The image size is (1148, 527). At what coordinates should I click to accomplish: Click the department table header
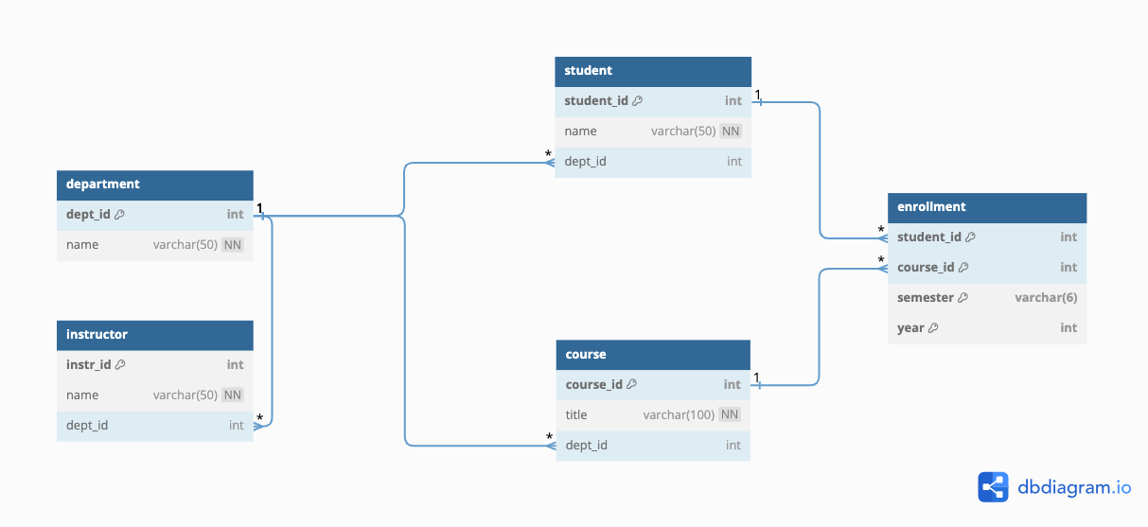(155, 184)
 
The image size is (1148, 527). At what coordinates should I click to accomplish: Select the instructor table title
(97, 334)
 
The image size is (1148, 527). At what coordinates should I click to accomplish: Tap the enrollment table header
(987, 208)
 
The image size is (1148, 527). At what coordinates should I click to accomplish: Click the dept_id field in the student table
(585, 162)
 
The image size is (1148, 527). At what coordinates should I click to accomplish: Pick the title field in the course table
(576, 414)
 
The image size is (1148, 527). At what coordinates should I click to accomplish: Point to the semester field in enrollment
(925, 297)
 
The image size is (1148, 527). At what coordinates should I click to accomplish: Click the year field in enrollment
(910, 327)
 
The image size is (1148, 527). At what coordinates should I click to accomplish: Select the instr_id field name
(89, 364)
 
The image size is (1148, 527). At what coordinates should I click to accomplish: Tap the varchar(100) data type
(679, 414)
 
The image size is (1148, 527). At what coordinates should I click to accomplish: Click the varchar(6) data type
(1046, 297)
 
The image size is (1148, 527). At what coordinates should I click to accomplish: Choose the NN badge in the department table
(232, 245)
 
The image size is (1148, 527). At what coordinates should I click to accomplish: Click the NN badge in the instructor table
(232, 395)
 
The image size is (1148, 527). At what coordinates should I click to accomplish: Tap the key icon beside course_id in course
(632, 384)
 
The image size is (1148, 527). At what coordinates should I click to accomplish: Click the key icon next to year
(933, 327)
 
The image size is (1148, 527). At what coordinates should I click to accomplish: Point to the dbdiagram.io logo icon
(993, 487)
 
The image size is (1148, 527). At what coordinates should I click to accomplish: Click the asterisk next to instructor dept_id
(260, 418)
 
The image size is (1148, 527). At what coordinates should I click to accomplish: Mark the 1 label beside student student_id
(757, 95)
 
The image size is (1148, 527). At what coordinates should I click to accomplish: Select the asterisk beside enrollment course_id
(881, 259)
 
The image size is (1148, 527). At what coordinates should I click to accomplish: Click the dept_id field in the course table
(586, 445)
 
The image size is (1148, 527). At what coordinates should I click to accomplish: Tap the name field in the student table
(580, 132)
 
